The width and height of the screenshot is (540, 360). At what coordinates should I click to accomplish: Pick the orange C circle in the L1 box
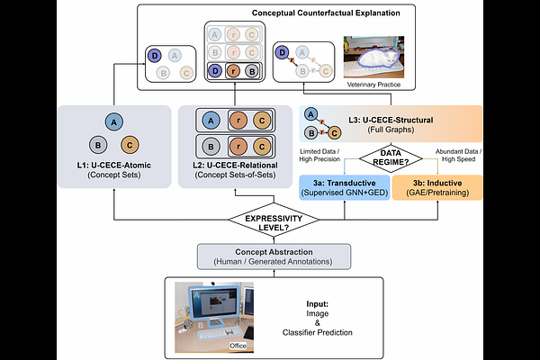(x=129, y=143)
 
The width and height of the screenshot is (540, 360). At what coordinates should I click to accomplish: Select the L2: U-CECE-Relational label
(x=237, y=164)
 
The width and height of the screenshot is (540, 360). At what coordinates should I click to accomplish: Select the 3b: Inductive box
(x=438, y=186)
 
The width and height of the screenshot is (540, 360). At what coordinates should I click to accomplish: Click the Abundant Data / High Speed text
(x=460, y=154)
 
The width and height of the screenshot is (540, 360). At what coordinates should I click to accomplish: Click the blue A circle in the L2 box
(x=210, y=120)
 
